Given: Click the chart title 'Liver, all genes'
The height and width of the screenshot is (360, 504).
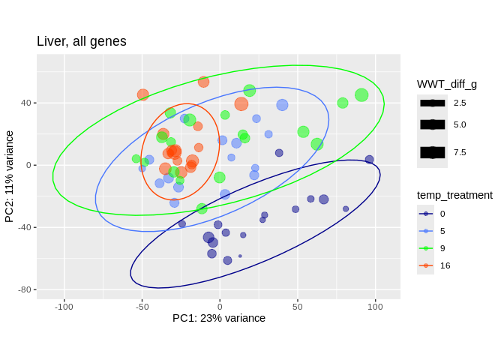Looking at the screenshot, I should pyautogui.click(x=82, y=42).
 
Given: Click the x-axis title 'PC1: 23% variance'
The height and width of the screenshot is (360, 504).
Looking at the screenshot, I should pyautogui.click(x=219, y=318).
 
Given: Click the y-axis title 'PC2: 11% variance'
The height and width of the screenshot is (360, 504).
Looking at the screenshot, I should pyautogui.click(x=10, y=176).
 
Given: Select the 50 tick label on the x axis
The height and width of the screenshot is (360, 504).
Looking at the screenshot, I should pyautogui.click(x=298, y=306).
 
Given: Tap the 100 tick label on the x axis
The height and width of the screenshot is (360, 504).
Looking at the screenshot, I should pyautogui.click(x=375, y=306).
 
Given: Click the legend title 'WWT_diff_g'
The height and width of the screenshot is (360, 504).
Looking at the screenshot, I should pyautogui.click(x=447, y=84).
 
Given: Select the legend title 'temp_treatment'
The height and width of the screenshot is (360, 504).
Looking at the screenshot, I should pyautogui.click(x=454, y=195).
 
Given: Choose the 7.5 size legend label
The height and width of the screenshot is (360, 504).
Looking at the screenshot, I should pyautogui.click(x=460, y=152).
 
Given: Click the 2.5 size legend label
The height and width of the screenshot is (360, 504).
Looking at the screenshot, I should pyautogui.click(x=460, y=103).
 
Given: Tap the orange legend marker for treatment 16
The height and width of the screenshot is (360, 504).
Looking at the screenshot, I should pyautogui.click(x=426, y=265).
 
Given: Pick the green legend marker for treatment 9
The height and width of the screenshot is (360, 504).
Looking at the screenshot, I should pyautogui.click(x=426, y=248).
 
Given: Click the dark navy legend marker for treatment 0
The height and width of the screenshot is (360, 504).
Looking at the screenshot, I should pyautogui.click(x=426, y=214).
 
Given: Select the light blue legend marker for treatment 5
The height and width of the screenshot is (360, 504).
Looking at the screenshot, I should pyautogui.click(x=426, y=231).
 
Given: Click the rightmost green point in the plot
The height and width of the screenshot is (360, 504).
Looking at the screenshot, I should pyautogui.click(x=361, y=95).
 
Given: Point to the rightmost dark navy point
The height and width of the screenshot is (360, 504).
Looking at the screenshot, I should pyautogui.click(x=369, y=160).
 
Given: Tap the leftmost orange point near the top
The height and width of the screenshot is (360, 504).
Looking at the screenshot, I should pyautogui.click(x=143, y=94).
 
